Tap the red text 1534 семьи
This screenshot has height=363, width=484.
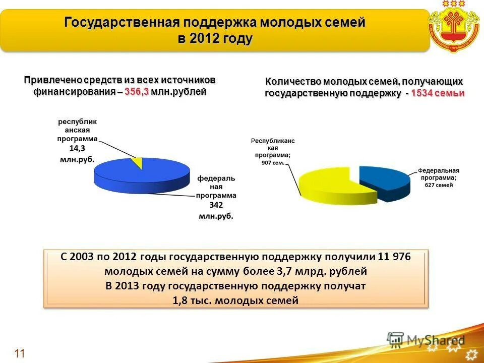pos(437,93)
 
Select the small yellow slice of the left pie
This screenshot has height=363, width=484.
pos(135,161)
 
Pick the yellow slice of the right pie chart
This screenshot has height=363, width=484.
pos(328,184)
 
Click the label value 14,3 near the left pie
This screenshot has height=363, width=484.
pos(77,149)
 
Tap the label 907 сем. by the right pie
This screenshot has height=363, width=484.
pos(273,163)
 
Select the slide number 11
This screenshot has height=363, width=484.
pos(20,353)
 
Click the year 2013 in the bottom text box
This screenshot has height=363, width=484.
pos(129,286)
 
